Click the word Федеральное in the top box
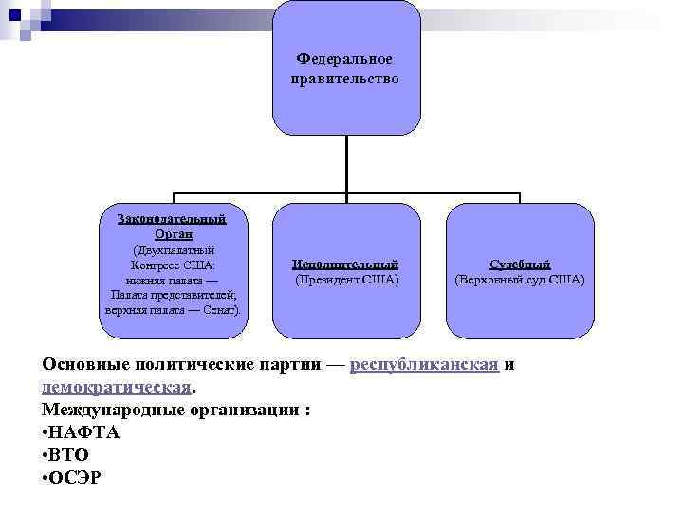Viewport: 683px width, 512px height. pyautogui.click(x=344, y=60)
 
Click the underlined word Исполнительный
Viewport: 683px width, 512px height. pyautogui.click(x=345, y=265)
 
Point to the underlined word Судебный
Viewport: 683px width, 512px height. pyautogui.click(x=520, y=265)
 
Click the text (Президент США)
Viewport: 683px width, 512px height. pyautogui.click(x=346, y=280)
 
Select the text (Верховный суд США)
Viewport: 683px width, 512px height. pyautogui.click(x=520, y=280)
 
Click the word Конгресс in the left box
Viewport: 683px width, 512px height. pyautogui.click(x=157, y=265)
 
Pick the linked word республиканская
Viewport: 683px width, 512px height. pyautogui.click(x=424, y=366)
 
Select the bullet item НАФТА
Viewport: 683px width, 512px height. pyautogui.click(x=85, y=432)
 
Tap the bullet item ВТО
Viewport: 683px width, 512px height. pyautogui.click(x=69, y=454)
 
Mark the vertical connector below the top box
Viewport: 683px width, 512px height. pyautogui.click(x=346, y=166)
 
